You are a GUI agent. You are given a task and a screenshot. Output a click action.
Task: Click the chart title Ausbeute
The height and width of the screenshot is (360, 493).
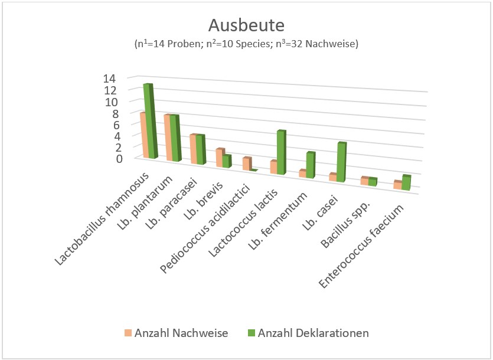click(246, 25)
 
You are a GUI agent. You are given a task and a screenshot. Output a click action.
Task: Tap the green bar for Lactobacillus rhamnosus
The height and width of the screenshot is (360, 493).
click(151, 121)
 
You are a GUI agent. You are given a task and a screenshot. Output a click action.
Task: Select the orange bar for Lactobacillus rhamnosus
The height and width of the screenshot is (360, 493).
click(143, 135)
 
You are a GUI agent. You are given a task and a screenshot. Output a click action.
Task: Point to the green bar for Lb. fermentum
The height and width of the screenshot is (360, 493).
click(311, 165)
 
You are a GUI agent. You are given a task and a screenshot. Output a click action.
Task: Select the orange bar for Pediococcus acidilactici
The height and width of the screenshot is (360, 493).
click(246, 163)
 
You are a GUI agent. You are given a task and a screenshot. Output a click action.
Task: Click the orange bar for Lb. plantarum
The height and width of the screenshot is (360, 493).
click(169, 138)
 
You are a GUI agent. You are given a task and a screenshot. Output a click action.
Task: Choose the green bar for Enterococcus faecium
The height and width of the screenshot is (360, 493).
click(406, 183)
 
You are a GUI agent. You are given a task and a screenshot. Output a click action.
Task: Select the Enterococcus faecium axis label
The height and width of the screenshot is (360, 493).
click(363, 247)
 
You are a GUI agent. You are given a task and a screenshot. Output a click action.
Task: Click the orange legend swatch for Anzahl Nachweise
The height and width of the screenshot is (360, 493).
click(128, 333)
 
